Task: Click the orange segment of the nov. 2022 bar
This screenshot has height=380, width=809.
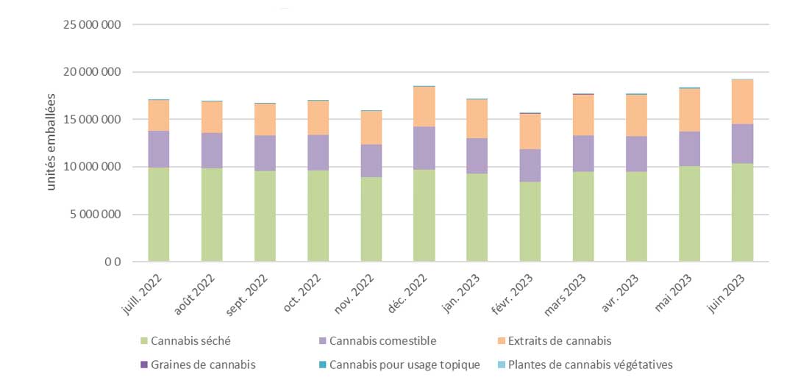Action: pyautogui.click(x=371, y=128)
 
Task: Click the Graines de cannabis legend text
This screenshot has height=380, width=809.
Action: pyautogui.click(x=204, y=365)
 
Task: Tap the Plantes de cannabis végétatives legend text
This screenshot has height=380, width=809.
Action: pyautogui.click(x=590, y=365)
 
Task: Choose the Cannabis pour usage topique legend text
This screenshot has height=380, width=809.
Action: pyautogui.click(x=405, y=365)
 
